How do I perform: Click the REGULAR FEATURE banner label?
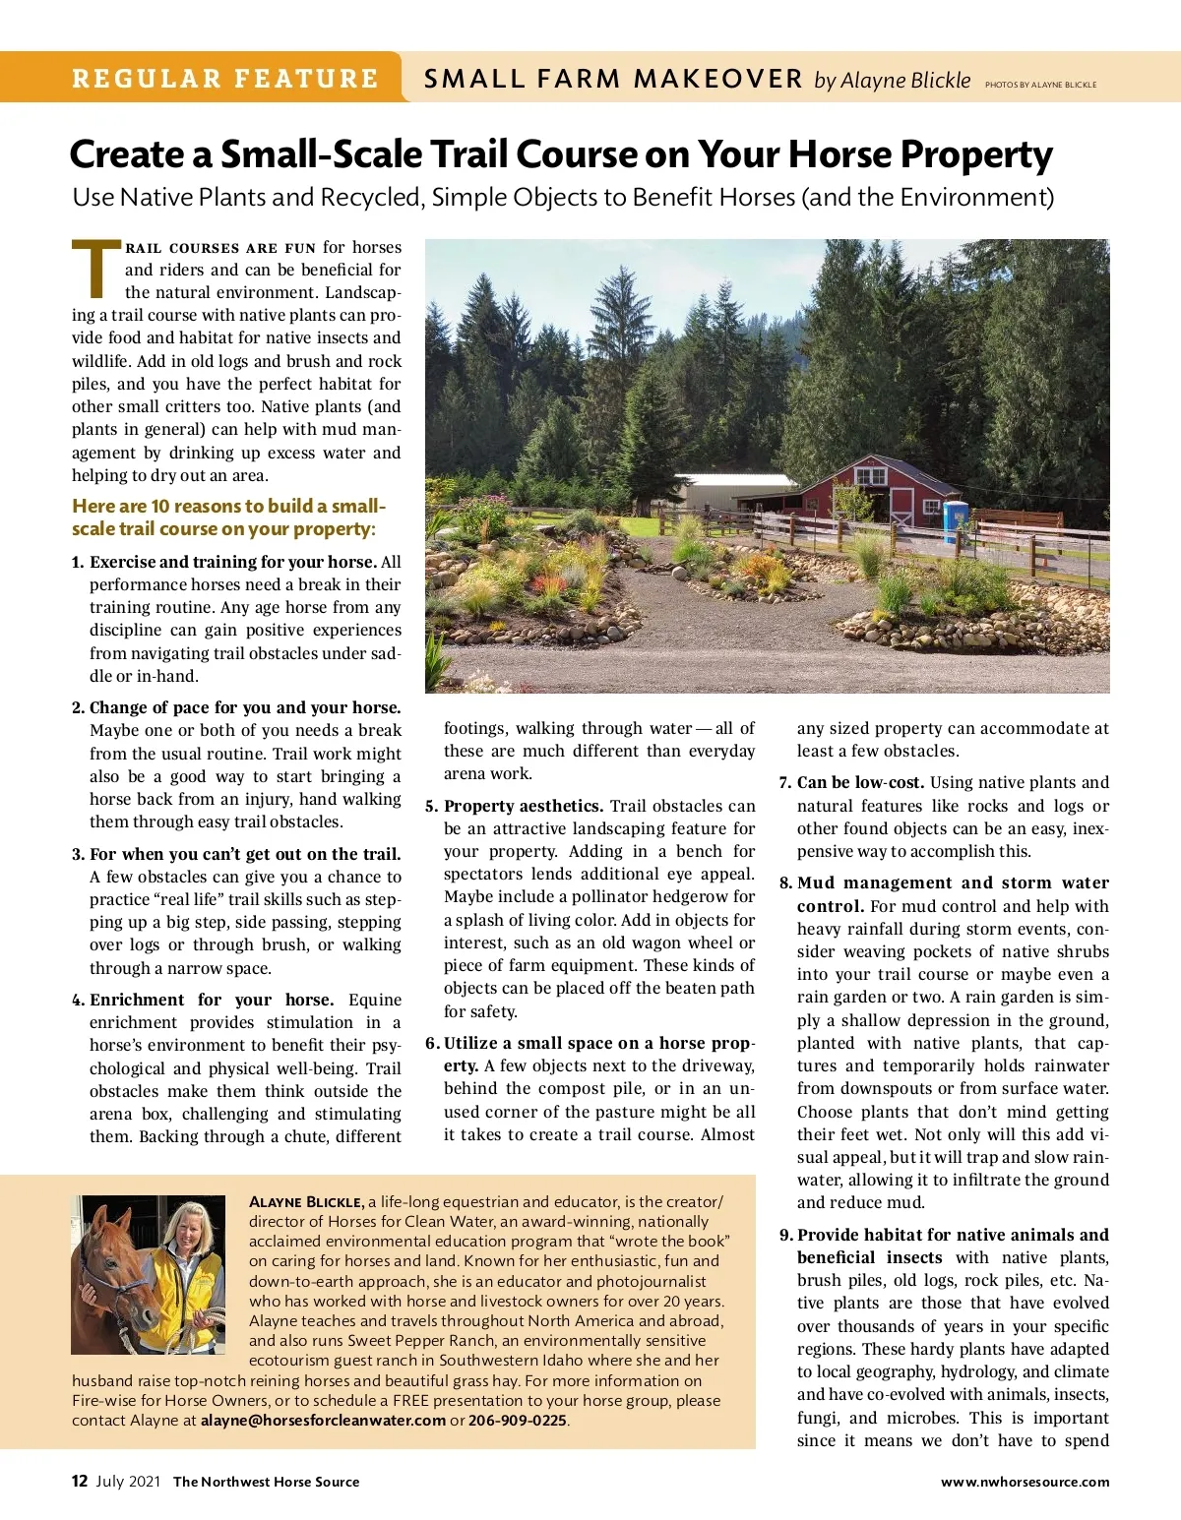tap(224, 79)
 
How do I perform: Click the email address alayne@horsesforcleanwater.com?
tap(323, 1421)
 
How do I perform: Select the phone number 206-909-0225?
tap(518, 1421)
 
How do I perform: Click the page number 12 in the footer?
tap(80, 1482)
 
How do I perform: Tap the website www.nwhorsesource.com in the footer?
tap(1025, 1482)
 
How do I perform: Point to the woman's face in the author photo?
tap(186, 1231)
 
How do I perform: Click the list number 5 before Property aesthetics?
tap(431, 806)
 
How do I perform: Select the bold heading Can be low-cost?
tap(860, 783)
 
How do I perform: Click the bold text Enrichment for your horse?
tap(212, 1000)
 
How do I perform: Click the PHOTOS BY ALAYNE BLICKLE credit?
tap(1040, 85)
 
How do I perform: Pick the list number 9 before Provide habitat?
tap(785, 1235)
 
